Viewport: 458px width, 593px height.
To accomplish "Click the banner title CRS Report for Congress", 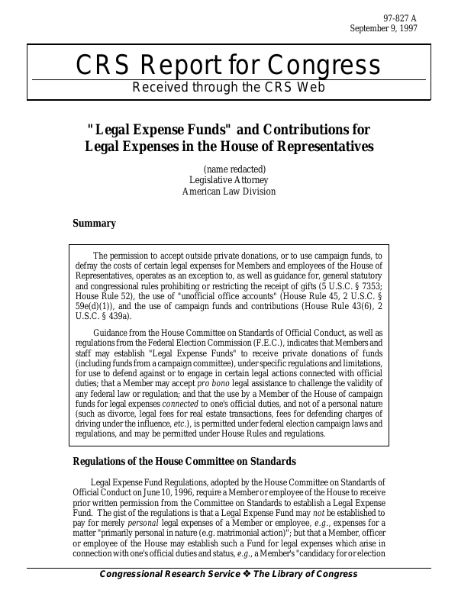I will pyautogui.click(x=228, y=65).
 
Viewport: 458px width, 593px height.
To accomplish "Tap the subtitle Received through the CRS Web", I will pyautogui.click(x=228, y=86).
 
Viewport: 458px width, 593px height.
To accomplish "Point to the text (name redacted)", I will pyautogui.click(x=234, y=169).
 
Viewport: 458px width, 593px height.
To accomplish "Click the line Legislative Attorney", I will pyautogui.click(x=228, y=180).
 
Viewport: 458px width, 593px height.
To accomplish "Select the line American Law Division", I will pyautogui.click(x=228, y=192).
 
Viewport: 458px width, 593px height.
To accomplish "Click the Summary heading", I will pyautogui.click(x=94, y=224).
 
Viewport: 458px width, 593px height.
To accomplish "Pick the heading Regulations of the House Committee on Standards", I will pyautogui.click(x=183, y=461).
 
